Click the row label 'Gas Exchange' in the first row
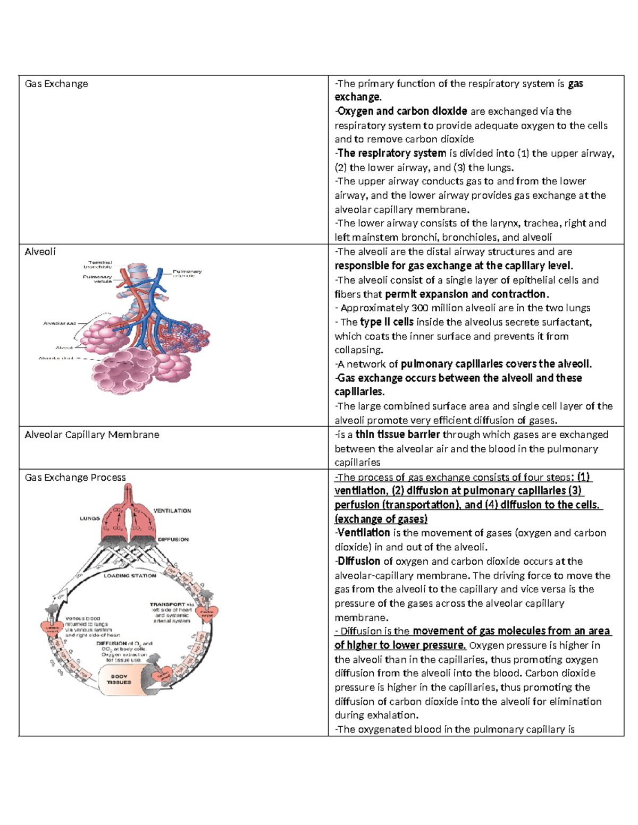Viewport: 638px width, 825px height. pos(56,84)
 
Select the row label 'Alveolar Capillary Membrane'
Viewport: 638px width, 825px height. pos(92,435)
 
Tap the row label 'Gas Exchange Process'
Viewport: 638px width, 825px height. pos(75,478)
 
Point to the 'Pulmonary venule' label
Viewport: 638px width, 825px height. pos(97,279)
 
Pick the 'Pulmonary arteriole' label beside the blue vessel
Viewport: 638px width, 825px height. pos(187,274)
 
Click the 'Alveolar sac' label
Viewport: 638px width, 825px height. pos(60,323)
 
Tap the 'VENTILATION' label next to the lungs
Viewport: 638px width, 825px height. pos(172,511)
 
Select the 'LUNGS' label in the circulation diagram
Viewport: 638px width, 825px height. pos(90,518)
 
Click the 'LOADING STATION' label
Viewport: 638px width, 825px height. pos(130,576)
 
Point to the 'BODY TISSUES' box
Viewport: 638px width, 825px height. pos(119,679)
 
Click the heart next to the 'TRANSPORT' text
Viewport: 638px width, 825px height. pos(207,614)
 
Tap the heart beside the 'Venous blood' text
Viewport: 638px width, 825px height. pos(52,628)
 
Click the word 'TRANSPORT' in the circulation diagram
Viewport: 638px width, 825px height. pos(167,605)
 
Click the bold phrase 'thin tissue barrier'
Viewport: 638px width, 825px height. pos(398,435)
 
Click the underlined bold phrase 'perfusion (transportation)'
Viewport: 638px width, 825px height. pos(397,505)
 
